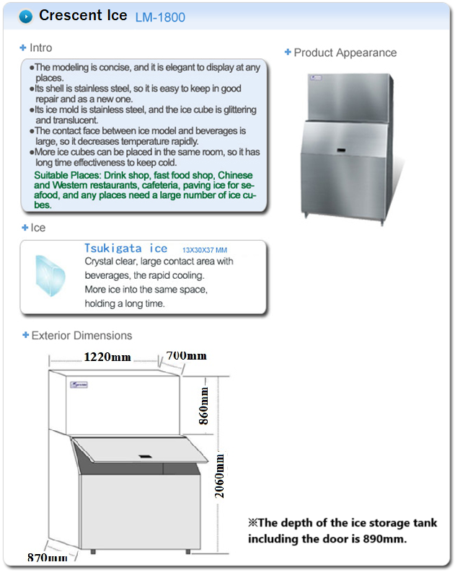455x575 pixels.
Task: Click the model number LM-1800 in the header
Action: [x=160, y=17]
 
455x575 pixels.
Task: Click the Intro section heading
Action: [x=40, y=48]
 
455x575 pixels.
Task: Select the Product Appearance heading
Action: [x=345, y=53]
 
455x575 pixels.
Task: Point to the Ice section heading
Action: [x=37, y=228]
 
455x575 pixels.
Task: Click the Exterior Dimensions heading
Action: [x=81, y=335]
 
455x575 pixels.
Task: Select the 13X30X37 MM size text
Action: [x=205, y=250]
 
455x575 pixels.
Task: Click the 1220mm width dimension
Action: [x=107, y=356]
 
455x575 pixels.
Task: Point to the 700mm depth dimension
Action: [x=186, y=355]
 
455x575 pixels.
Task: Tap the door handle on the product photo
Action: [x=341, y=151]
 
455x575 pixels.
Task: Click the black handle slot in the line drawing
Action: [x=146, y=456]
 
